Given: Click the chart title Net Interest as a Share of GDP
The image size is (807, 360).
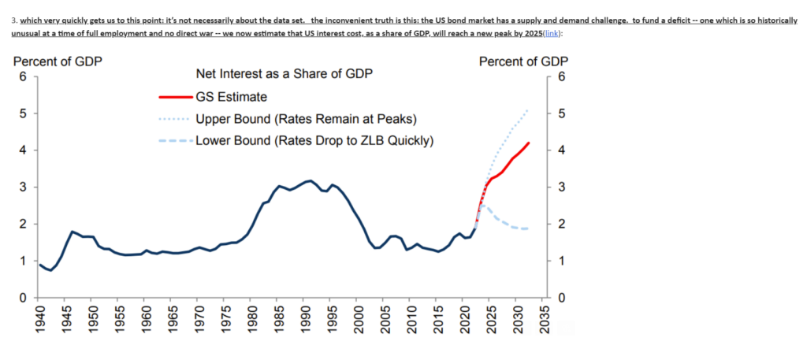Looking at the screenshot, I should [284, 75].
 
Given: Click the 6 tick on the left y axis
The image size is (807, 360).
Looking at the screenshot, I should [24, 77].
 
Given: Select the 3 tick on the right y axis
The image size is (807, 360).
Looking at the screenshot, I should [560, 187].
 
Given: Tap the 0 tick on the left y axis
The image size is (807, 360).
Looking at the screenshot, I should [24, 298].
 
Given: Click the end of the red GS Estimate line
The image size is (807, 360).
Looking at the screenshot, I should [529, 143].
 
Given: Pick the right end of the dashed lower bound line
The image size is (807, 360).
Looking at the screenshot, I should [528, 228].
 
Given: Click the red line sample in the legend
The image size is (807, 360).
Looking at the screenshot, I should [174, 97].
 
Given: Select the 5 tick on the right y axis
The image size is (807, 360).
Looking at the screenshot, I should [560, 113].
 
